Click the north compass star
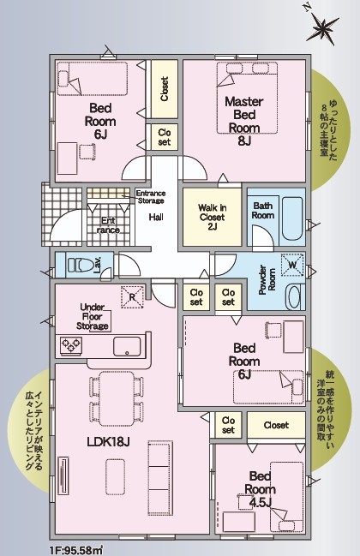(x=322, y=27)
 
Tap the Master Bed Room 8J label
(x=244, y=122)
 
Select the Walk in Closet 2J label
(x=212, y=217)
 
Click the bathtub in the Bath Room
(x=292, y=219)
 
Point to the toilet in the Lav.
(x=82, y=265)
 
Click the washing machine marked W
(x=292, y=265)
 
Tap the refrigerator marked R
(x=132, y=296)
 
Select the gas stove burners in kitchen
(x=71, y=346)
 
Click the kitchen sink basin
(x=127, y=346)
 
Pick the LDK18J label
(x=108, y=441)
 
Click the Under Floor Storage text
(x=93, y=317)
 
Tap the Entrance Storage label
(x=151, y=197)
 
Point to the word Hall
(x=156, y=217)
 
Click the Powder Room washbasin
(x=295, y=296)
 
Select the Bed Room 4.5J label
(x=260, y=489)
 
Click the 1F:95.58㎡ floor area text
(x=76, y=551)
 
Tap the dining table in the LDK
(x=117, y=398)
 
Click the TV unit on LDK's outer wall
(x=63, y=475)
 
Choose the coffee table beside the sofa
(x=115, y=476)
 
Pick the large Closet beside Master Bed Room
(x=165, y=89)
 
